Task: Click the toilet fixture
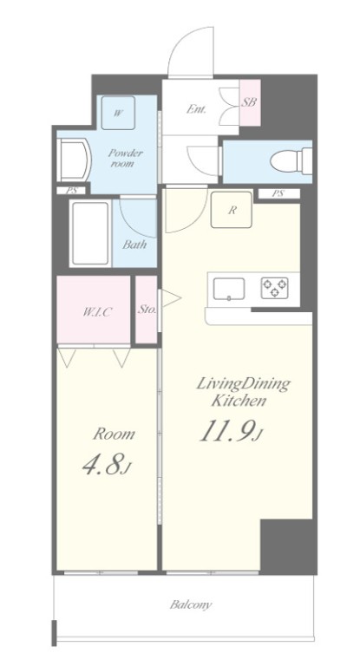pyautogui.click(x=291, y=161)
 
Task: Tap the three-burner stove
pyautogui.click(x=274, y=288)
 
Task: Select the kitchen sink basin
pyautogui.click(x=229, y=289)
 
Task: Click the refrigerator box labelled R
pyautogui.click(x=232, y=210)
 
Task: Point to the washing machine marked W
pyautogui.click(x=118, y=113)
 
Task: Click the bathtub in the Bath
pyautogui.click(x=90, y=233)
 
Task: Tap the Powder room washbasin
pyautogui.click(x=75, y=161)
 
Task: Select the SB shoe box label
pyautogui.click(x=250, y=102)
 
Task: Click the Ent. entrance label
pyautogui.click(x=196, y=109)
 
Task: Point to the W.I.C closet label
pyautogui.click(x=96, y=312)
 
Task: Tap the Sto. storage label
pyautogui.click(x=147, y=310)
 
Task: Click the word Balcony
pyautogui.click(x=191, y=604)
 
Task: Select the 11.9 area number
pyautogui.click(x=226, y=430)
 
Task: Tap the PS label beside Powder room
pyautogui.click(x=72, y=191)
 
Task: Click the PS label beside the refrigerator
pyautogui.click(x=278, y=193)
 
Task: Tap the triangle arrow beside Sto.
pyautogui.click(x=170, y=298)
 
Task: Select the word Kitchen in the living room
pyautogui.click(x=239, y=401)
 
